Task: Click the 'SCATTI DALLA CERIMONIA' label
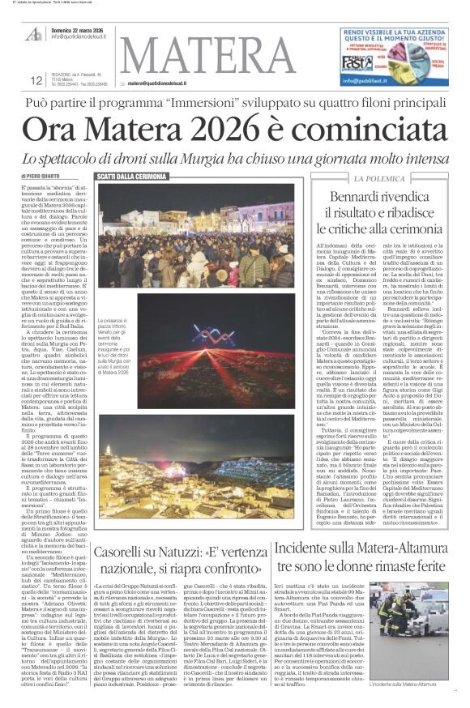tap(132, 176)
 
